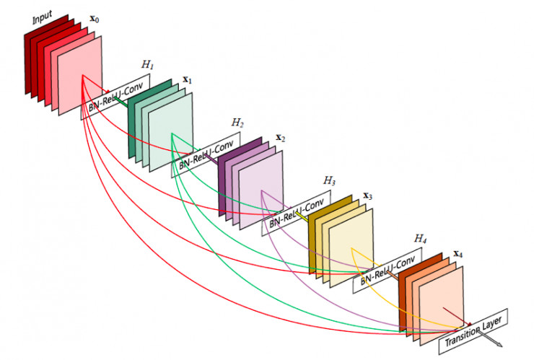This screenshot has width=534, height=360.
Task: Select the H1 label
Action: point(147,65)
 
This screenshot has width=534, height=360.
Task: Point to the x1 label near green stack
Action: point(187,79)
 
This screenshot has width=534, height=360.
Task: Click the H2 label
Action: point(237,123)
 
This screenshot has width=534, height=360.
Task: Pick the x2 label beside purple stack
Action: point(280,137)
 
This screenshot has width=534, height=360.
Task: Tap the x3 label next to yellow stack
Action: point(367,195)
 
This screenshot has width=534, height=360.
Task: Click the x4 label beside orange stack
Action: point(458,254)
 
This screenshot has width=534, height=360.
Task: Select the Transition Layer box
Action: point(477,328)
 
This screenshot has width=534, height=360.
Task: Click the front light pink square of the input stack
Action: point(80,76)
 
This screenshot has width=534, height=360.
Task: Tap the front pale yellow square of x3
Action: point(351,245)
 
